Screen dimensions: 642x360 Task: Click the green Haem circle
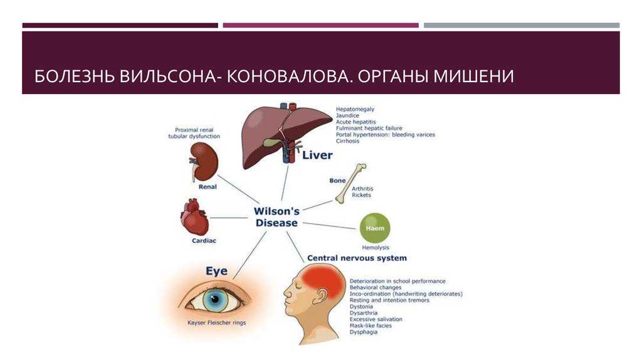(x=375, y=228)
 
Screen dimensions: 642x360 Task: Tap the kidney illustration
(x=204, y=161)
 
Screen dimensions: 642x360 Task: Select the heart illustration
(x=195, y=217)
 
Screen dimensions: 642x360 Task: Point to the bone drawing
(x=351, y=184)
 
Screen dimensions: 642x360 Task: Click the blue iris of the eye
(x=216, y=300)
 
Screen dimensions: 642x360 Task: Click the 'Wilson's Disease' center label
(x=276, y=217)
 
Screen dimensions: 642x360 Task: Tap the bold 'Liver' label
(x=317, y=155)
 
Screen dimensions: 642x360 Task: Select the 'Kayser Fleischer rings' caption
(x=216, y=323)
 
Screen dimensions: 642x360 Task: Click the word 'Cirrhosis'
(x=347, y=141)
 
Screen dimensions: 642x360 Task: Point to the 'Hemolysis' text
(x=376, y=247)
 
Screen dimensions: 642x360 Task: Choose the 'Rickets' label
(x=361, y=195)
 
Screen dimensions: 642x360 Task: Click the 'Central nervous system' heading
(x=357, y=258)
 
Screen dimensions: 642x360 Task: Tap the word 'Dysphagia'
(x=364, y=332)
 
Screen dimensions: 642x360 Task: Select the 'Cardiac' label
(x=204, y=241)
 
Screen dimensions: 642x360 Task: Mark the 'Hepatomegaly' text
(x=355, y=109)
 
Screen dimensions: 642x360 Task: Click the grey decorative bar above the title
(x=522, y=25)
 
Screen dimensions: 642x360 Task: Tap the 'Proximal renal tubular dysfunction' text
(x=194, y=133)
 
